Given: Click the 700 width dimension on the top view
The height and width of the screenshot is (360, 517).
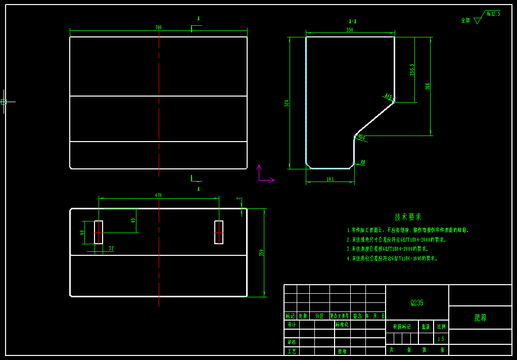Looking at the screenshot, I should [158, 27].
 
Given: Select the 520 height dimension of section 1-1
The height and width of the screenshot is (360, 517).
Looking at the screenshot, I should [287, 103].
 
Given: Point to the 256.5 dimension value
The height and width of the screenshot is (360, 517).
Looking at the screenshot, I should [412, 69].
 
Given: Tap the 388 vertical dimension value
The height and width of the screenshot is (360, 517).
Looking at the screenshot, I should [428, 86].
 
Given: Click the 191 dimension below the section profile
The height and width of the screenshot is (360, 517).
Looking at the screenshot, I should [330, 179].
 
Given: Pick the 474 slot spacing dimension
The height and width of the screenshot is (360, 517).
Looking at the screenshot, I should [158, 195].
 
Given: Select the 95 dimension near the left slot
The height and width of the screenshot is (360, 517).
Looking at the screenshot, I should [133, 220].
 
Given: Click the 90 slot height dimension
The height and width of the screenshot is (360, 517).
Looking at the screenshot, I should [82, 233].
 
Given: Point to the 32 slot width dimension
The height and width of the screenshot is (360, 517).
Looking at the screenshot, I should [111, 248].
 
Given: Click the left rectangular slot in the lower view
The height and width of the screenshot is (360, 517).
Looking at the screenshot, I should [99, 232].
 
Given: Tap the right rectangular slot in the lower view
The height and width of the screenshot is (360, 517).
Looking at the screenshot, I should [219, 232].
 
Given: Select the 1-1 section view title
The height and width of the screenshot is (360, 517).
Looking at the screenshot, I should [353, 21].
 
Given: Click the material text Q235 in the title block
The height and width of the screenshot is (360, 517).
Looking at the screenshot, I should [417, 303].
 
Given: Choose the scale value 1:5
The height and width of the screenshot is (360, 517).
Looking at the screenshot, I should [441, 339].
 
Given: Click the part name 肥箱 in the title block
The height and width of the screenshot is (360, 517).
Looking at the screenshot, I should [480, 318].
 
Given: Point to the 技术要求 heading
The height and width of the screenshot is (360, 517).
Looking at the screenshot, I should [408, 217].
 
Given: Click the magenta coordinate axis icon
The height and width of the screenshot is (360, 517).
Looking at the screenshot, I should [263, 174].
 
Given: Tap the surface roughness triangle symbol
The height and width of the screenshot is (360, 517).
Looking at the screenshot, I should [478, 20].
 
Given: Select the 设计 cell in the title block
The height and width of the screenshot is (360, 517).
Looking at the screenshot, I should [292, 325].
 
